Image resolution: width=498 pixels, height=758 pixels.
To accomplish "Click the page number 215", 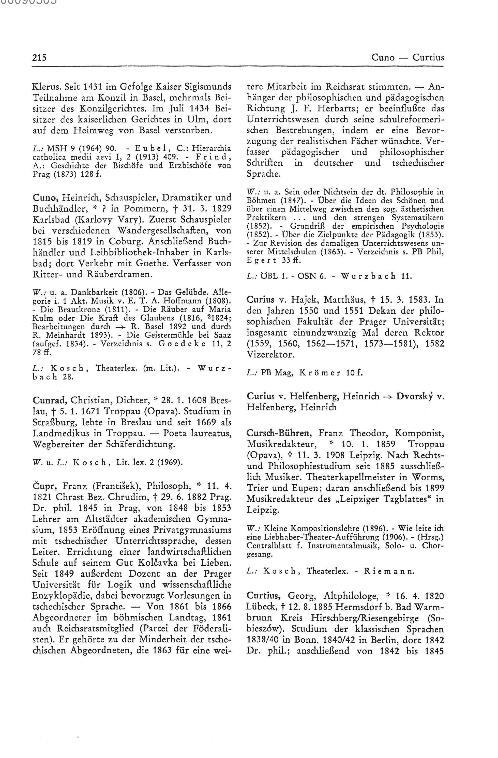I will click(39, 58).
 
